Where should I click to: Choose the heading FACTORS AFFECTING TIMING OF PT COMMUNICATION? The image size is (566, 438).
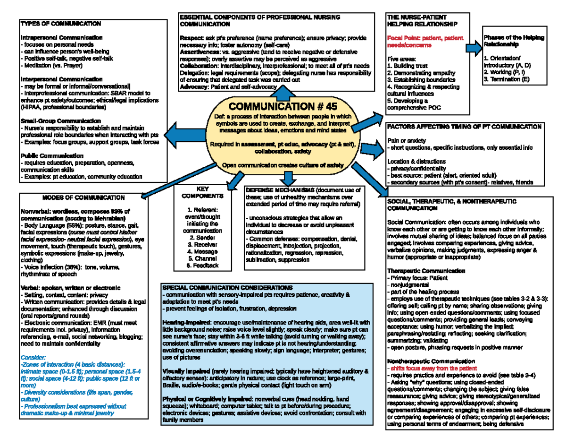pyautogui.click(x=464, y=127)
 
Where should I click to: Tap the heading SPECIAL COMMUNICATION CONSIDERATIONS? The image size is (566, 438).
pyautogui.click(x=227, y=287)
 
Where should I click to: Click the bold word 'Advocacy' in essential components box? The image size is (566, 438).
pyautogui.click(x=193, y=87)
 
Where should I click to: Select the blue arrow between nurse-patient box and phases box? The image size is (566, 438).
pyautogui.click(x=472, y=48)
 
